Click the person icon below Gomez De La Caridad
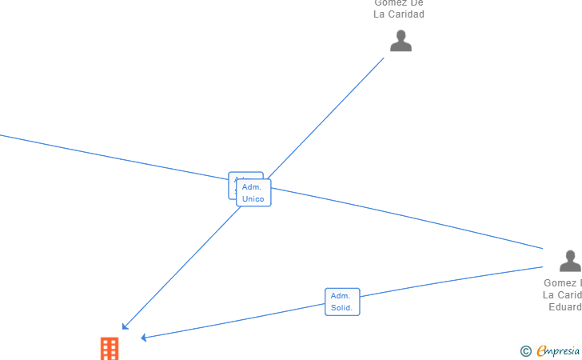(401, 41)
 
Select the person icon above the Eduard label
(570, 261)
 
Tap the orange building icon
(110, 349)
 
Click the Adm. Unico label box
(253, 193)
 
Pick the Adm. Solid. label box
(342, 302)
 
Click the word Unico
(253, 199)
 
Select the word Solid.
(342, 308)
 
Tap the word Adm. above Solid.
(341, 296)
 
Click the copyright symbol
(525, 350)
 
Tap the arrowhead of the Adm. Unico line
(124, 326)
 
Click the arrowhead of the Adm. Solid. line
(144, 338)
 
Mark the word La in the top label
(380, 14)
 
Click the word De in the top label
(416, 2)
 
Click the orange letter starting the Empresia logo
(541, 350)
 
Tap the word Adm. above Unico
(252, 187)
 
